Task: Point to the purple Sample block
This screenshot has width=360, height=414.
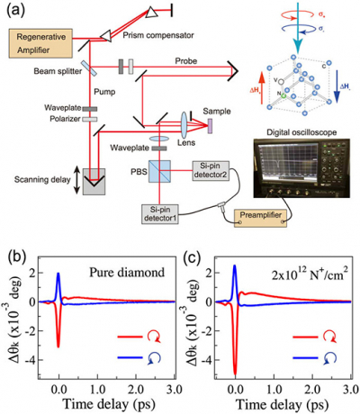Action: click(x=213, y=121)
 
